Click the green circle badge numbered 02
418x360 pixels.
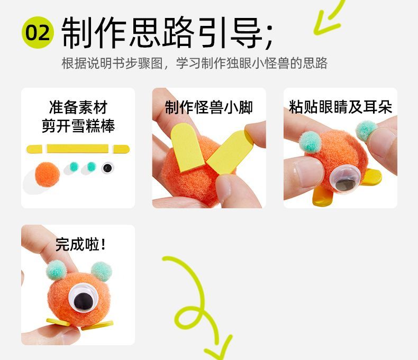click(38, 32)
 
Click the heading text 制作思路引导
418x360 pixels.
click(162, 33)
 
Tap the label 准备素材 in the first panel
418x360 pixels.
click(78, 107)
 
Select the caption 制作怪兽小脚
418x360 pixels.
click(208, 107)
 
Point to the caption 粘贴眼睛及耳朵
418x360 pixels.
click(340, 107)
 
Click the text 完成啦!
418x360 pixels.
click(80, 244)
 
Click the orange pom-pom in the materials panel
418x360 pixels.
click(48, 174)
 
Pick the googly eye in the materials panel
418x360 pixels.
click(108, 168)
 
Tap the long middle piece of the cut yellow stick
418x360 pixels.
click(78, 149)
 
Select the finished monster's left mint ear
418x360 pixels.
click(56, 270)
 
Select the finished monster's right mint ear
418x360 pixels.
click(101, 271)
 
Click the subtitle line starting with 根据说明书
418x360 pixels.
click(194, 63)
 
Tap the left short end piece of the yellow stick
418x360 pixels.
click(34, 149)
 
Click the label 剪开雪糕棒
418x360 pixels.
click(78, 126)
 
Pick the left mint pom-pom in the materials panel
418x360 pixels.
click(74, 167)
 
